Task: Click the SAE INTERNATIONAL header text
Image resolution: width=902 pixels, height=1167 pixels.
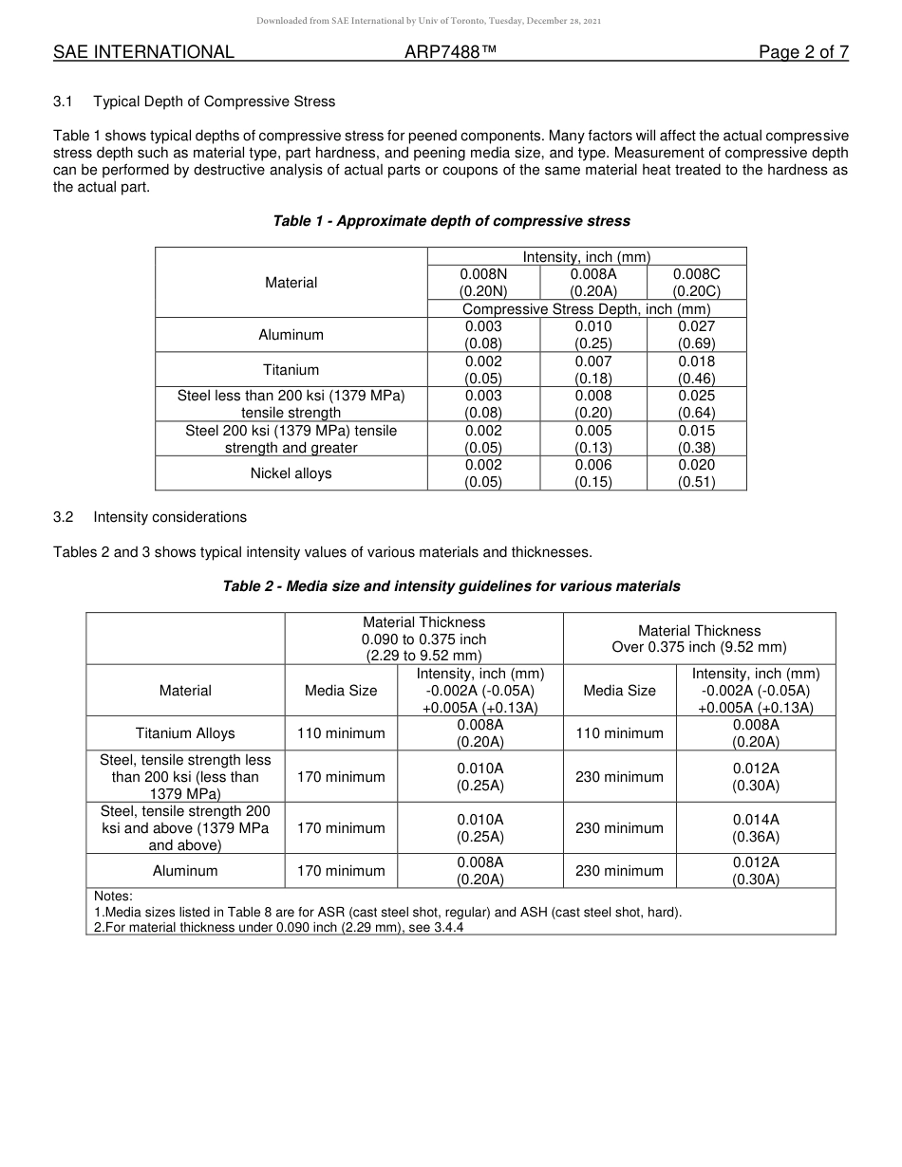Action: (143, 52)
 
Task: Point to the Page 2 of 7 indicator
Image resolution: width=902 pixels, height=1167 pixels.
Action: (803, 52)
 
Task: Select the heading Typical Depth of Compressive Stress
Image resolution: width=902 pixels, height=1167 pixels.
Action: (214, 102)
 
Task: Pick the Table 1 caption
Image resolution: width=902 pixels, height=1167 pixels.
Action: (451, 221)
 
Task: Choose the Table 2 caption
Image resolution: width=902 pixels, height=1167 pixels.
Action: (451, 586)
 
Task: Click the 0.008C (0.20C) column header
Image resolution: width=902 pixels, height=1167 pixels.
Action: (696, 283)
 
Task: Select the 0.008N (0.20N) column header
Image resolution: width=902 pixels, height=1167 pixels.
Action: (483, 283)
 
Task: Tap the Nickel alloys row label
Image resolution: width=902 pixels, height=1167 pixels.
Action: (291, 473)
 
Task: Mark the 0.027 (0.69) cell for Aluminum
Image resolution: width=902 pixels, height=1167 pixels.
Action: (696, 335)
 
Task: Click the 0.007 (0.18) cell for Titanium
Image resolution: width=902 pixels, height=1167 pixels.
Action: (592, 370)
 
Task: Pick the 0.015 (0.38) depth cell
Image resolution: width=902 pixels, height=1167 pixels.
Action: (696, 439)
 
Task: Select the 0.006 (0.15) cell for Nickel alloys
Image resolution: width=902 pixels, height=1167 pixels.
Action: (592, 473)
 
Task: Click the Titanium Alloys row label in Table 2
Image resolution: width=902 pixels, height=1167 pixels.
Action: (185, 733)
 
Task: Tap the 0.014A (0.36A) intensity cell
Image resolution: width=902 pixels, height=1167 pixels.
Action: (755, 828)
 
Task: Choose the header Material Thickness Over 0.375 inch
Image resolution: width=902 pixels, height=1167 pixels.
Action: (699, 639)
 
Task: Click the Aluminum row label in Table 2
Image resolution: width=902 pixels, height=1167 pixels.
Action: (185, 871)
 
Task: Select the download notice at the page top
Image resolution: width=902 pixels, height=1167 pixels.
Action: (428, 20)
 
